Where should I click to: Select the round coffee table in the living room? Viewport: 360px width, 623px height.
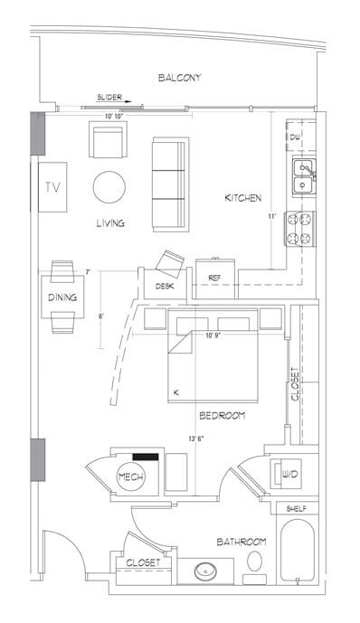[110, 187]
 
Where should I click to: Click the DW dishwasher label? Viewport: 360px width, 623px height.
[295, 137]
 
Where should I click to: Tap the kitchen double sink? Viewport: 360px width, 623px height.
[303, 176]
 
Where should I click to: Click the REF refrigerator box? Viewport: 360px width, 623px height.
[215, 277]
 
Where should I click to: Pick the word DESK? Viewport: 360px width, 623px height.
[165, 286]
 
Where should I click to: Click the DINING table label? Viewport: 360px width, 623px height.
[62, 297]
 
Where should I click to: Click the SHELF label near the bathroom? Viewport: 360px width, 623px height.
[297, 509]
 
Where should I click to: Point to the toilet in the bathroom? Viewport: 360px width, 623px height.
[256, 560]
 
